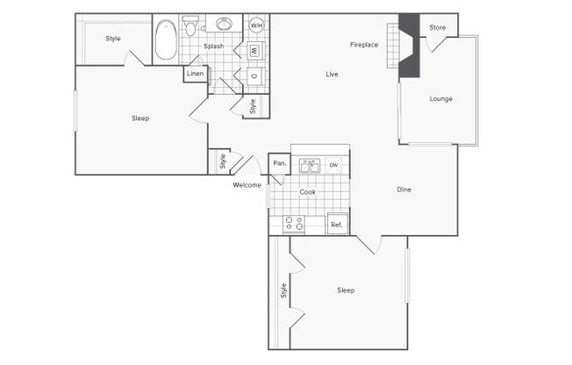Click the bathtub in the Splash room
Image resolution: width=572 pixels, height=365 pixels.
(166, 39)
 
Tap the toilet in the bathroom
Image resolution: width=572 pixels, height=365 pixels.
(190, 25)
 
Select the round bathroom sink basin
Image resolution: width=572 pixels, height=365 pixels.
(224, 24)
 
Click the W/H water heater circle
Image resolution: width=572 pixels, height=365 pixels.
(256, 25)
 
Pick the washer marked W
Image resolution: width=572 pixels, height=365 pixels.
(255, 50)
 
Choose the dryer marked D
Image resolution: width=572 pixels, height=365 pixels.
(255, 76)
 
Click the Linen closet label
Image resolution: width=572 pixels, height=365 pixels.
(195, 74)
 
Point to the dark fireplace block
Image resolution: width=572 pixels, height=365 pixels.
(410, 46)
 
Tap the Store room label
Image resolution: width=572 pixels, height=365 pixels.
(437, 27)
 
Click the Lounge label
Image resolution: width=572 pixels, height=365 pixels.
(441, 99)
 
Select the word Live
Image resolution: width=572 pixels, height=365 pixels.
(332, 74)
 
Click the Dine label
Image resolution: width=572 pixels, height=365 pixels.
(404, 190)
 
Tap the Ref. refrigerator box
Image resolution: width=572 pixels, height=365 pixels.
(338, 224)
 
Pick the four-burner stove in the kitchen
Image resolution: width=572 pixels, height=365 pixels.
(294, 224)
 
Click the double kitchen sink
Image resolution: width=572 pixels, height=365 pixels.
(310, 166)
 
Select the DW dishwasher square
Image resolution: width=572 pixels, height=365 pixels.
(333, 165)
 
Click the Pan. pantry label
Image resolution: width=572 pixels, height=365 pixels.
(280, 163)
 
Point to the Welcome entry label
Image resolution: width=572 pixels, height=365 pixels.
(247, 185)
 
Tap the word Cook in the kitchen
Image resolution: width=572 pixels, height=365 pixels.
(307, 192)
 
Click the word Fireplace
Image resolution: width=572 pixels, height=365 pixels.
(364, 45)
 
